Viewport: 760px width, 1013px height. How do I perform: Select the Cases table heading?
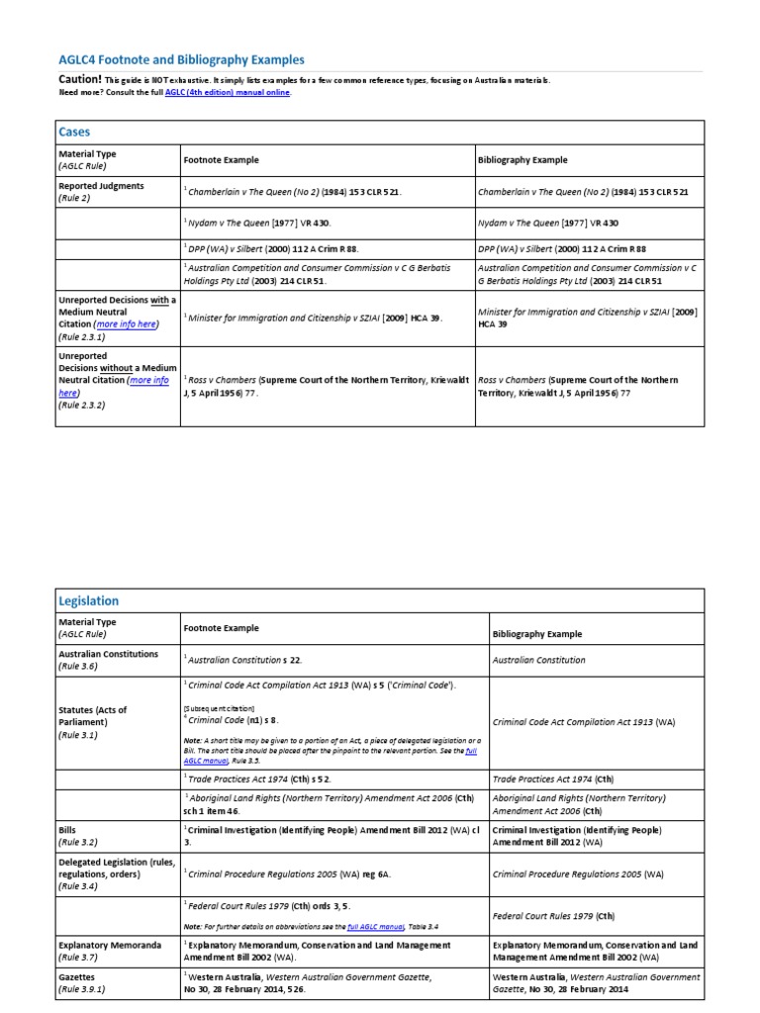tap(75, 132)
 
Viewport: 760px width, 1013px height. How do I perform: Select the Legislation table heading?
tap(89, 600)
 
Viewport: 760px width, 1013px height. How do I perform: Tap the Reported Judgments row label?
tap(101, 186)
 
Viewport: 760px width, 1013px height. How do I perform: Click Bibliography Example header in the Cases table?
tap(522, 159)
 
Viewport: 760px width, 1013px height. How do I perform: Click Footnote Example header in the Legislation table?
tap(221, 628)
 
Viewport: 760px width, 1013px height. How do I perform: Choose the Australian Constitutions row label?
tap(109, 654)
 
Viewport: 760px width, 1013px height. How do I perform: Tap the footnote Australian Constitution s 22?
tap(243, 660)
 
